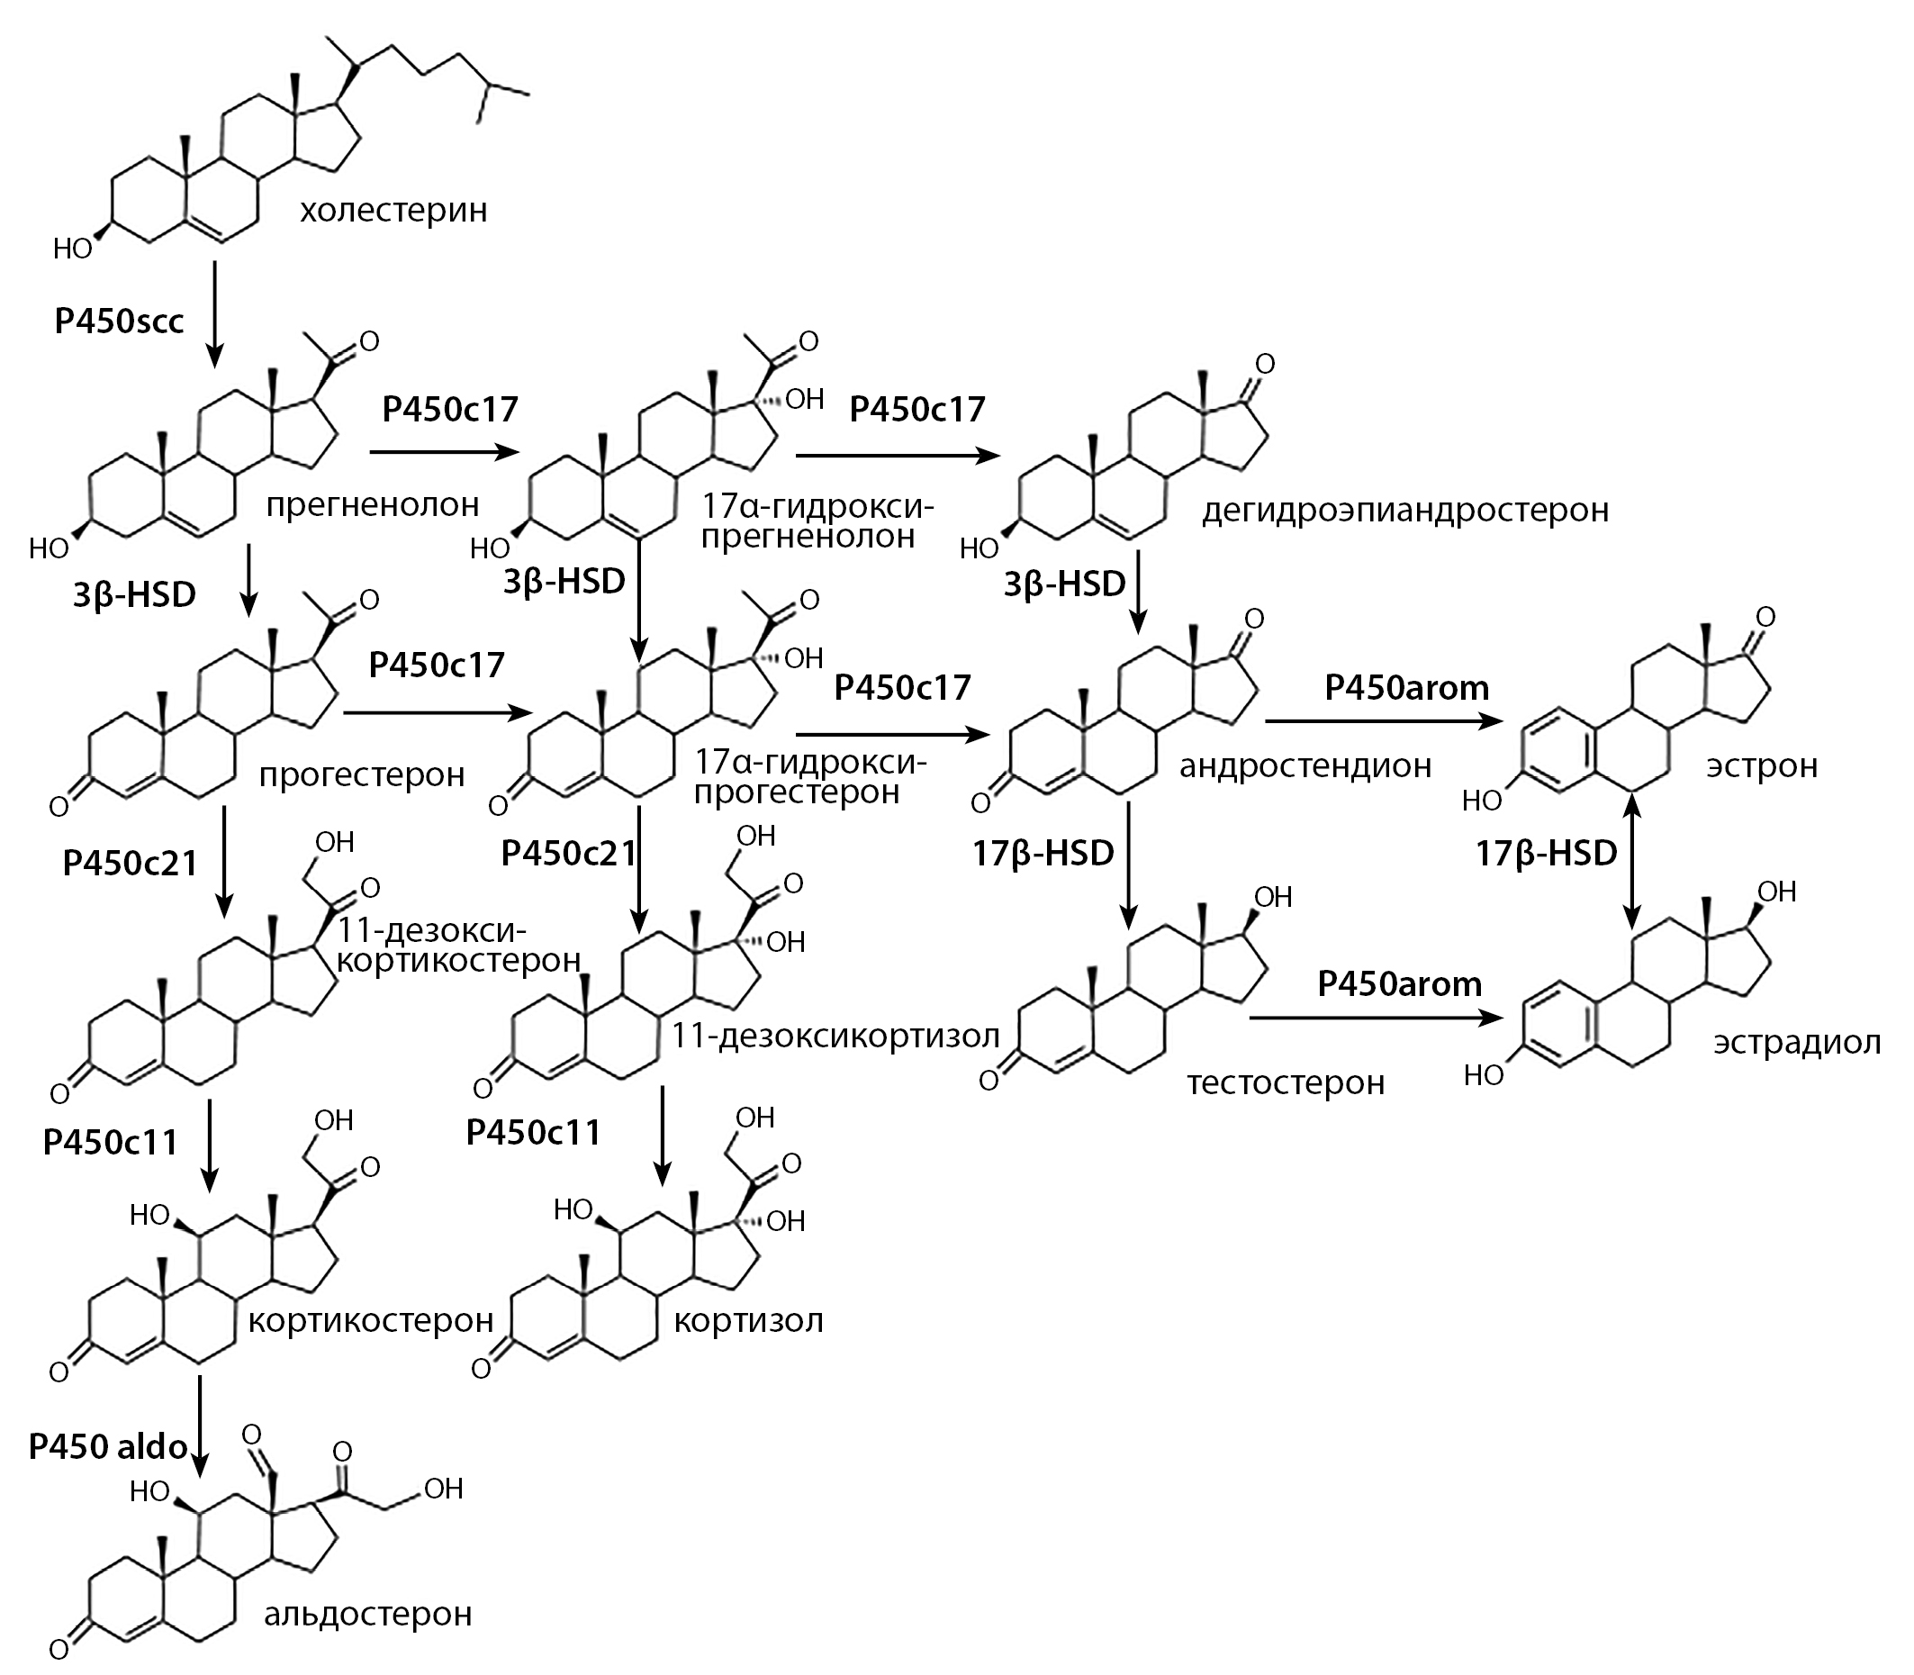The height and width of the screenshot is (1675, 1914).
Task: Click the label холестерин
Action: (393, 211)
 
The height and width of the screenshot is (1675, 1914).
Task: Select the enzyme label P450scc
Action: (119, 321)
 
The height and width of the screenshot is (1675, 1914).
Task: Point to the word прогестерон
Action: (362, 774)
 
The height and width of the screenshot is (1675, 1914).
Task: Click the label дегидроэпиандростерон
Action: (1404, 511)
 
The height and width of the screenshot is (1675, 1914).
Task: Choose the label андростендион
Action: (1305, 765)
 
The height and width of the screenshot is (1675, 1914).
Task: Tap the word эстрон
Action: (1762, 765)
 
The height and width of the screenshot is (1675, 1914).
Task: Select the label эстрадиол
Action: (1796, 1042)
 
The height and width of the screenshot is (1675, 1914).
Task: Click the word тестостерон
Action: (1286, 1082)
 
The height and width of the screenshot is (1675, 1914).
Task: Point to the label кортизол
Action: (749, 1321)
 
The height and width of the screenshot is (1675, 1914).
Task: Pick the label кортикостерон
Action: (370, 1320)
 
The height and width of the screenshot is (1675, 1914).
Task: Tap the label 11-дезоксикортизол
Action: (835, 1035)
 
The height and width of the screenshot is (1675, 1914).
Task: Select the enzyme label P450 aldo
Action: (107, 1446)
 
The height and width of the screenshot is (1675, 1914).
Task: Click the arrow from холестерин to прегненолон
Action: (215, 314)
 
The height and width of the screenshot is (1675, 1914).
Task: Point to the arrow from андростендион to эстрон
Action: (1384, 720)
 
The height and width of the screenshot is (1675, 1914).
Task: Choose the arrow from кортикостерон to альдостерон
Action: (199, 1425)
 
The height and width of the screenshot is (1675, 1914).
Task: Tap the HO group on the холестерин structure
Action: (72, 249)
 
